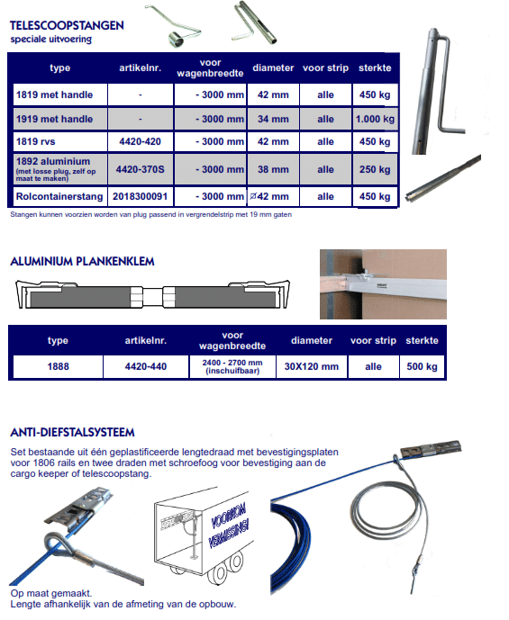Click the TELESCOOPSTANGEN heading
[67, 26]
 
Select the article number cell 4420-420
[141, 141]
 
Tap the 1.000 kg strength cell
[375, 119]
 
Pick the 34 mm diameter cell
[273, 119]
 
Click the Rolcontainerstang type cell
[59, 196]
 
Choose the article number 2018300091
[141, 196]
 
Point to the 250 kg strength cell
[375, 169]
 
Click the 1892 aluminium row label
[53, 161]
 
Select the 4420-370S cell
[141, 169]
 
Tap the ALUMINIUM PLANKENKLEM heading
[82, 261]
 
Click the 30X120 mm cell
[312, 366]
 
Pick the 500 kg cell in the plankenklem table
[422, 366]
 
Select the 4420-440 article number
[146, 366]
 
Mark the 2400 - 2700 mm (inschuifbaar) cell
[232, 366]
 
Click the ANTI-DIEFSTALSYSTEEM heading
[72, 432]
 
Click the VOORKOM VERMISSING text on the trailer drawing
[229, 525]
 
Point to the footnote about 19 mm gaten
[150, 215]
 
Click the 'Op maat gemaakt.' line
[51, 593]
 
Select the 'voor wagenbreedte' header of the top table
[210, 68]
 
